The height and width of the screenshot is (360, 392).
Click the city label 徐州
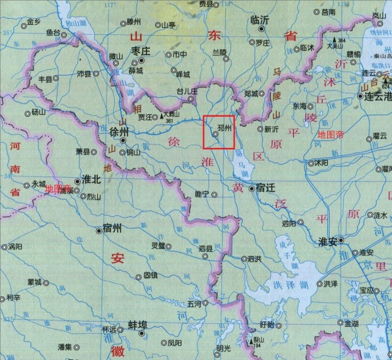[x=119, y=131]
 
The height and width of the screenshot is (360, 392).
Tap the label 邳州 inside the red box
[x=224, y=129]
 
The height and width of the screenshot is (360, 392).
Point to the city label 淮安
[x=329, y=241]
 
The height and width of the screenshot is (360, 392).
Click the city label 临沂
[x=261, y=20]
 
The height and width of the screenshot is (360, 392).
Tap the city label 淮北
[x=91, y=182]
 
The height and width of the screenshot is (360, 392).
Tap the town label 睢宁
[x=201, y=194]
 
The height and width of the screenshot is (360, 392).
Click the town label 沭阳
[x=322, y=163]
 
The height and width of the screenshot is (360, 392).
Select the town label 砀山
[x=39, y=112]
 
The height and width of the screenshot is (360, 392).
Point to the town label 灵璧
[x=158, y=246]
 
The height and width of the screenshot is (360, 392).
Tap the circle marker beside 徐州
[x=124, y=140]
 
